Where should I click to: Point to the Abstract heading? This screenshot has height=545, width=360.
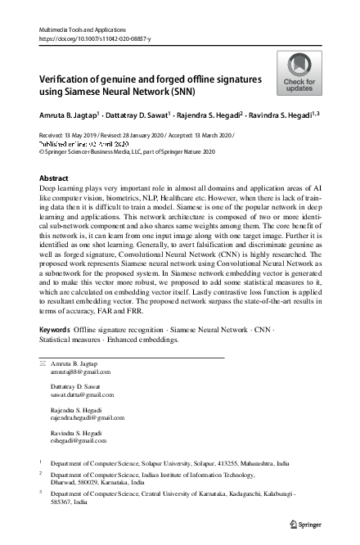54,178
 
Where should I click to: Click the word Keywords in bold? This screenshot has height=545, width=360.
55,352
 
